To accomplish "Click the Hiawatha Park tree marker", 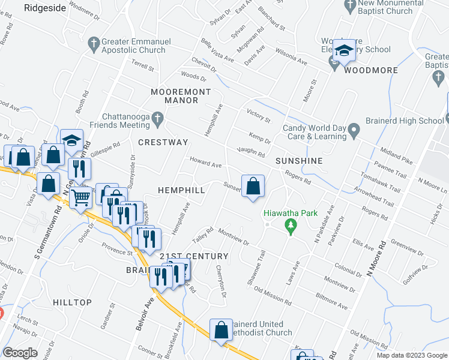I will [291, 226].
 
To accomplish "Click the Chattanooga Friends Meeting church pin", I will [157, 117].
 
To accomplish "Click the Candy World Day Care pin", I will [354, 128].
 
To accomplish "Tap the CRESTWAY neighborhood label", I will [163, 142].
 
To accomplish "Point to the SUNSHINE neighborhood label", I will [299, 161].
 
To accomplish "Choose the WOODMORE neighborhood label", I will [371, 70].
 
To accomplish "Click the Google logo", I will [20, 353].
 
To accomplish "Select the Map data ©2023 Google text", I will [411, 355].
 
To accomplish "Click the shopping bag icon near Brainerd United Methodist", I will [220, 330].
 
